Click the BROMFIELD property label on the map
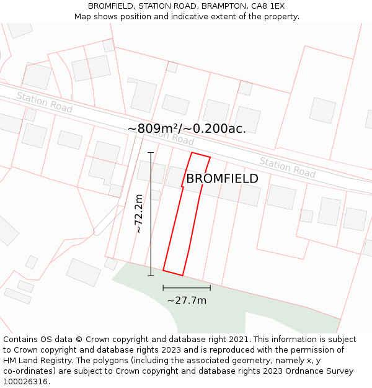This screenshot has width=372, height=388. [222, 179]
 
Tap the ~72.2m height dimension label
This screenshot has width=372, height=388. [139, 214]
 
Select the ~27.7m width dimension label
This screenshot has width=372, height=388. [187, 300]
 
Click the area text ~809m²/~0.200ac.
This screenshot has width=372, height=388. [187, 129]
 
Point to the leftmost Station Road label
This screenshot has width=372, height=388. [44, 102]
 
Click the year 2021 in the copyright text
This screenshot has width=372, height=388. [238, 340]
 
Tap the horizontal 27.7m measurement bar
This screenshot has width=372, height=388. [187, 288]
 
